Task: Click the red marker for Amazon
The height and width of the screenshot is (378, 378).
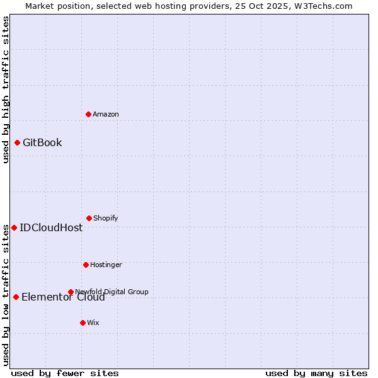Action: [x=88, y=114]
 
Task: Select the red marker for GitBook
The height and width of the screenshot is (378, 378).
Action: [x=17, y=142]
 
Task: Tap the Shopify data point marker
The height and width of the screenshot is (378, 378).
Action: [x=89, y=218]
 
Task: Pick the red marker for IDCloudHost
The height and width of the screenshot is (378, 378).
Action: [x=14, y=227]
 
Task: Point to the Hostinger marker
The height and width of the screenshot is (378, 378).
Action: [x=86, y=265]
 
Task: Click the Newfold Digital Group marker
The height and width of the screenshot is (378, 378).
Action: [x=71, y=292]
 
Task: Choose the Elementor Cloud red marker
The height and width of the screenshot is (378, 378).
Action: [x=16, y=297]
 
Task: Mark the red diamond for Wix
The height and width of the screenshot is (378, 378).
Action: [x=83, y=323]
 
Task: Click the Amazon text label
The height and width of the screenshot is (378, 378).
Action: [x=106, y=114]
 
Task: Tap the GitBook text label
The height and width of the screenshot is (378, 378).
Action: [x=42, y=142]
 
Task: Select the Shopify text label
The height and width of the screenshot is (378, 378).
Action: [x=105, y=218]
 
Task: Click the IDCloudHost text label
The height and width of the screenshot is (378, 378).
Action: [x=51, y=227]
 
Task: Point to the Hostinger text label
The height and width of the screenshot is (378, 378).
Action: [x=106, y=265]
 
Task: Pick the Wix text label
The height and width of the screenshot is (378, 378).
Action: [x=93, y=323]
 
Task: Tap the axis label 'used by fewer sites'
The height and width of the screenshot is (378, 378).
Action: [x=64, y=373]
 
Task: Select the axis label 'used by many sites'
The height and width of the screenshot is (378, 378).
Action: [x=316, y=373]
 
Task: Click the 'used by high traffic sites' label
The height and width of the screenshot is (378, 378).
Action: [x=6, y=89]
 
